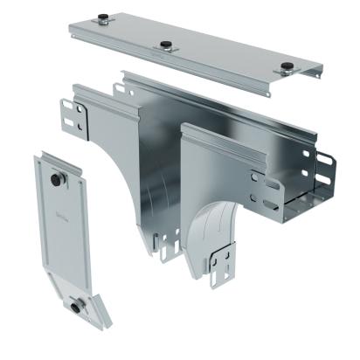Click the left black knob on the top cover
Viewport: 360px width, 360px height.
pos(103,17)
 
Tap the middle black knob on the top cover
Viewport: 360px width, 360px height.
pos(163,44)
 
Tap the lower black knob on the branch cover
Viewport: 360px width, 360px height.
pos(77,305)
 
